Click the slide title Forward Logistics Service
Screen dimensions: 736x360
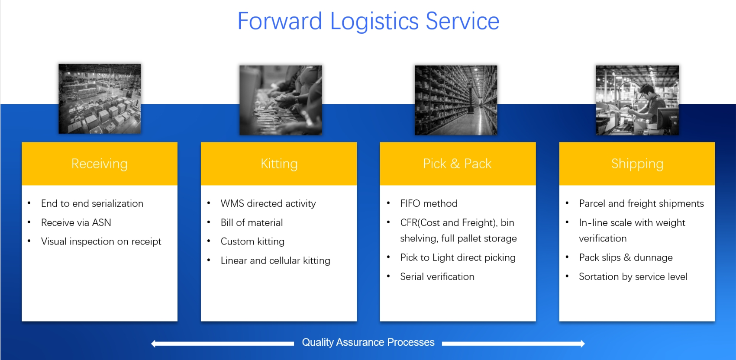368,21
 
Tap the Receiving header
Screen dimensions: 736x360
100,164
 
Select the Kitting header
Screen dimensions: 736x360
279,164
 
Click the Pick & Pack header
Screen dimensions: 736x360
458,164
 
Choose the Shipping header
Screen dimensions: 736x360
637,164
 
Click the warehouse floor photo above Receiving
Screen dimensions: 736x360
100,99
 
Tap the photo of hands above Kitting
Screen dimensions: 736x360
281,100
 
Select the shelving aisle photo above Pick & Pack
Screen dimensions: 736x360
456,100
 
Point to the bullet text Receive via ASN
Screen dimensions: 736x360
76,223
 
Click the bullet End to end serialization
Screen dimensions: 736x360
92,204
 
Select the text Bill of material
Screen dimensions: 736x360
252,223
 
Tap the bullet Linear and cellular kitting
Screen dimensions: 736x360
275,261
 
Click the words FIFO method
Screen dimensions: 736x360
429,204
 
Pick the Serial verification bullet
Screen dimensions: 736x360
437,276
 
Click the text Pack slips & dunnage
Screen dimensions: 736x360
626,257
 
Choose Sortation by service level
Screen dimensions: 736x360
633,276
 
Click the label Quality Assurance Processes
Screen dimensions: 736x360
368,342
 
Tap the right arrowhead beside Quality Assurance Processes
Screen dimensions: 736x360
583,344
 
